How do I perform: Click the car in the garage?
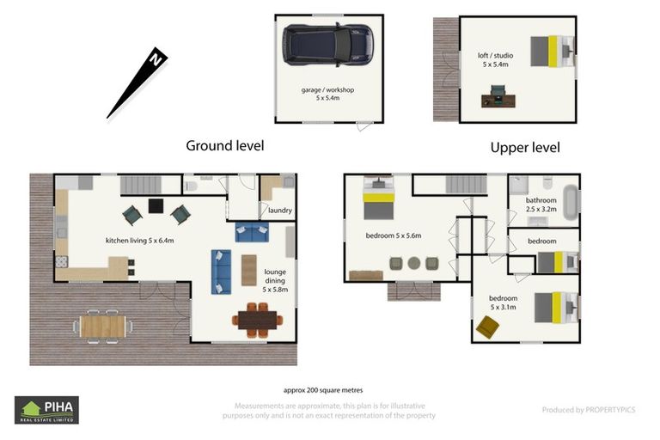coord(328,45)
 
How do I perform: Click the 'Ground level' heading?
coord(225,146)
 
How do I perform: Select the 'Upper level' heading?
coord(525,148)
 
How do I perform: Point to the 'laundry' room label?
coord(280,210)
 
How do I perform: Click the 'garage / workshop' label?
coord(327,89)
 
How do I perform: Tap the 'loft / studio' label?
coord(495,55)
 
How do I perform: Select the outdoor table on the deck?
coord(103,327)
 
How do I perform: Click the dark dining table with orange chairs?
coord(257,320)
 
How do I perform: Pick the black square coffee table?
coord(156,206)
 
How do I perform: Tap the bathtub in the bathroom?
coord(571,202)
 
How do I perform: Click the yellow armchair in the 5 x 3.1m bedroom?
coord(487,327)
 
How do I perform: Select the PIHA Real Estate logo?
coord(46,410)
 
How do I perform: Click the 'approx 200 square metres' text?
coord(323,390)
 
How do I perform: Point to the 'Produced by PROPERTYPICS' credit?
coord(589,410)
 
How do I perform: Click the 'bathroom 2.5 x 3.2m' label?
coord(541,205)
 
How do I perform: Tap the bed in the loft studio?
coord(553,52)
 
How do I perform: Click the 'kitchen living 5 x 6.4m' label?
coord(139,241)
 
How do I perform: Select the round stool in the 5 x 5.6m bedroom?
coord(413,263)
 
